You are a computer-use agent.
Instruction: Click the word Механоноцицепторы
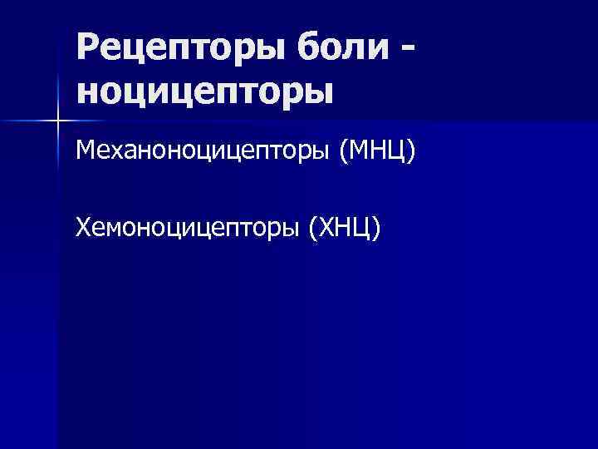[203, 152]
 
